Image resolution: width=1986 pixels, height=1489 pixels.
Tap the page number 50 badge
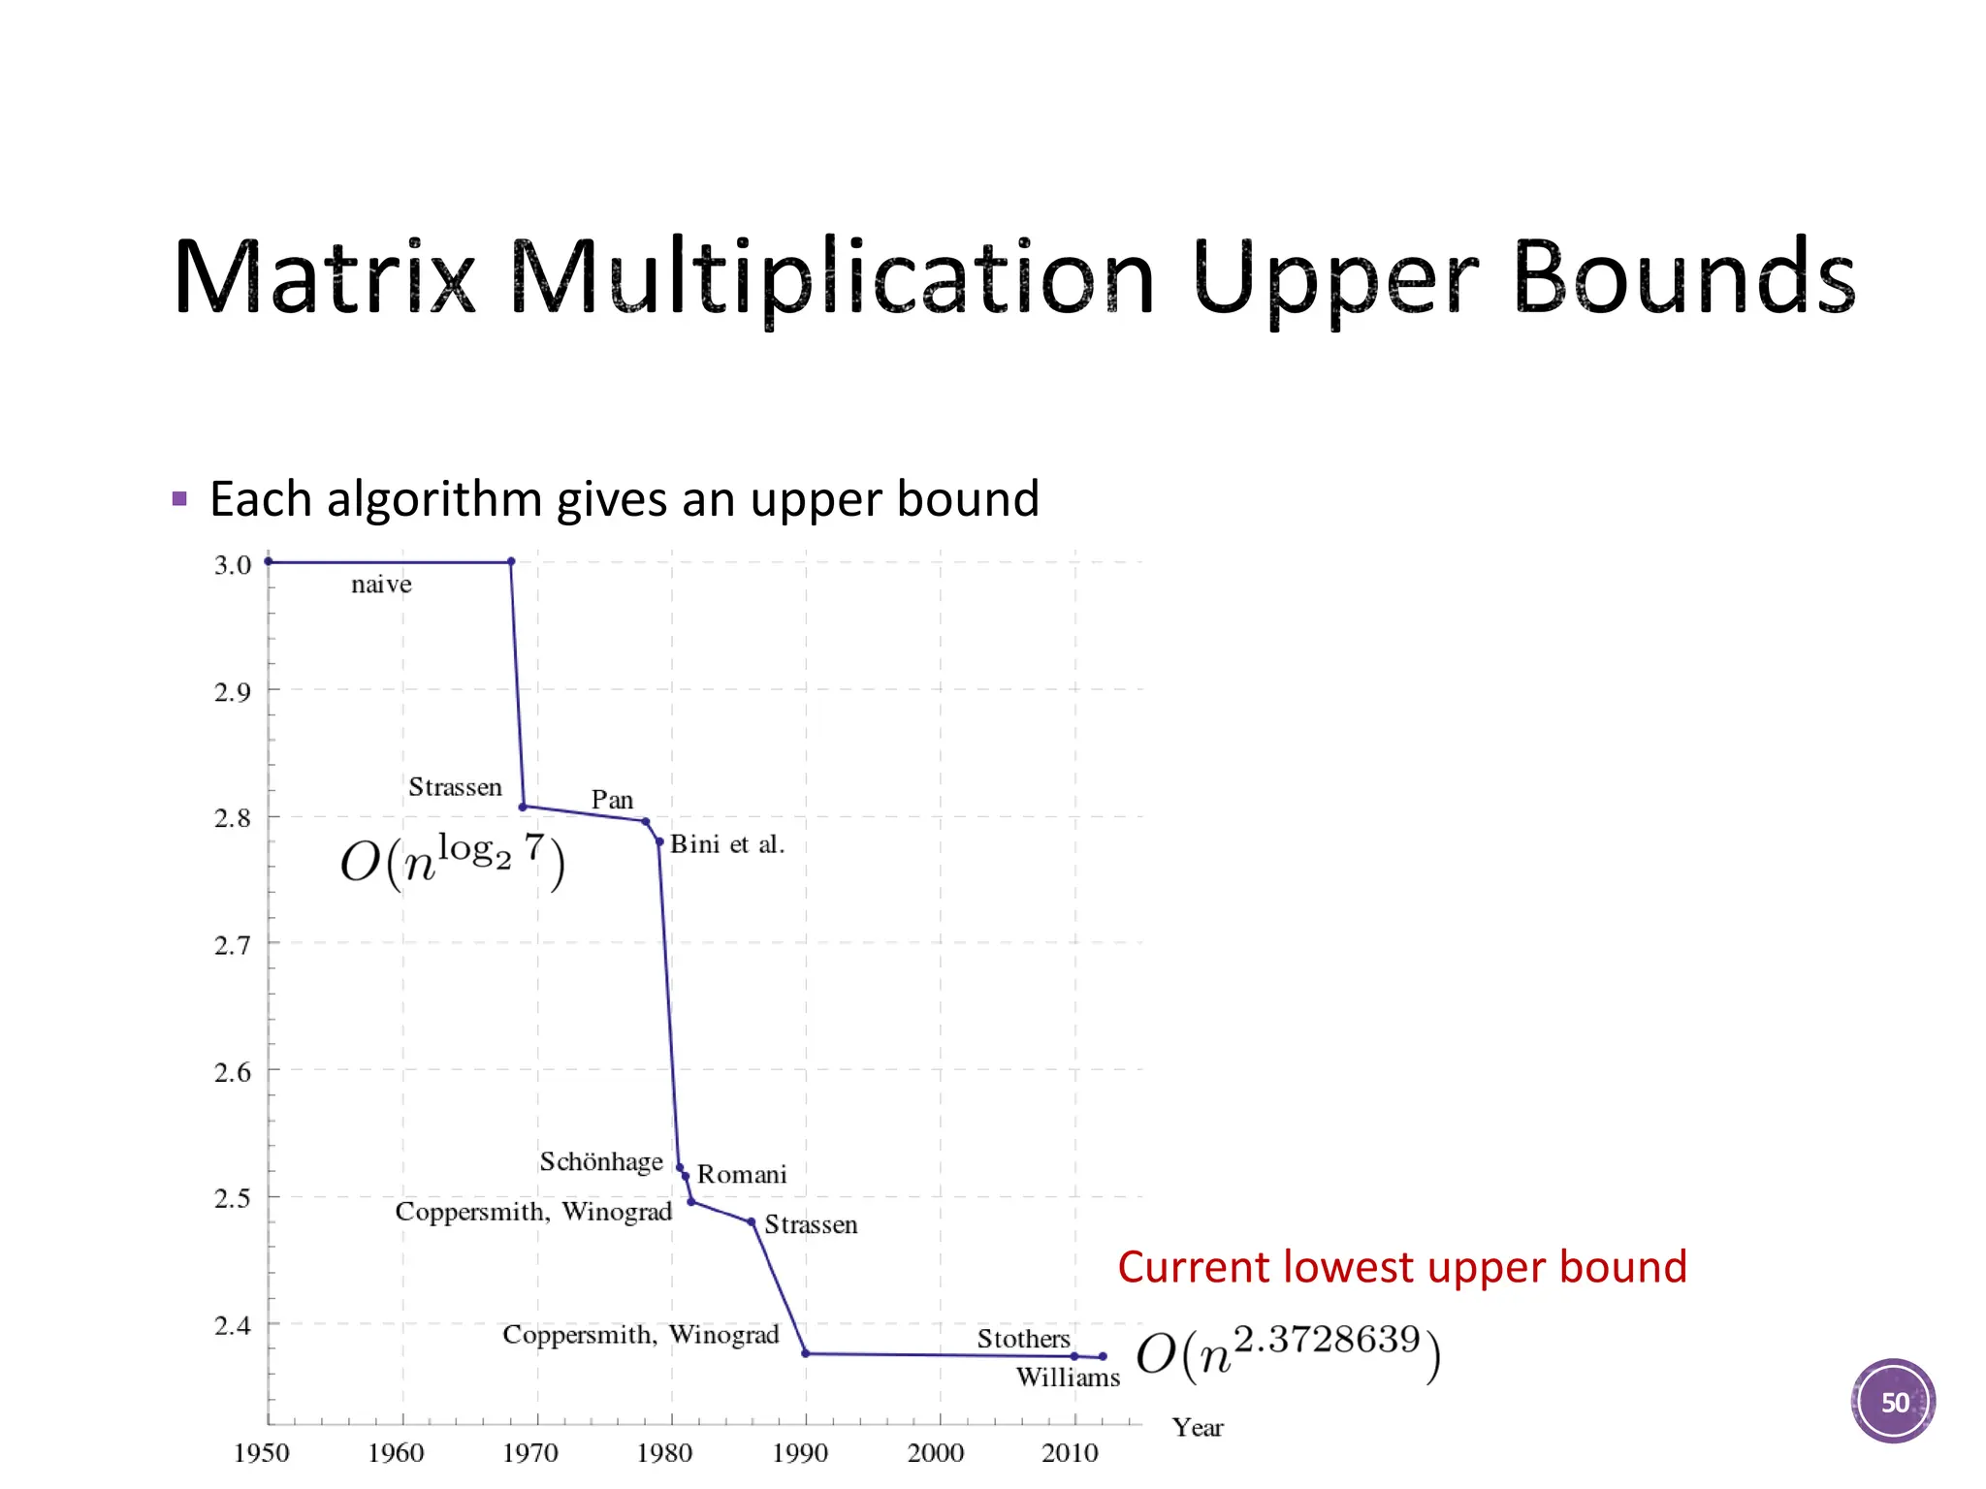pos(1893,1401)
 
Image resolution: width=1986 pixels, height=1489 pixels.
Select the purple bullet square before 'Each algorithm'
pos(179,499)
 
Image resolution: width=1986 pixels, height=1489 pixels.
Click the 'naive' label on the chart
pos(381,585)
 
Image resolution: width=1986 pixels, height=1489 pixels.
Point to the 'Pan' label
pos(612,800)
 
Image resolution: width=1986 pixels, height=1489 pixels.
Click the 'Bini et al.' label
pos(726,844)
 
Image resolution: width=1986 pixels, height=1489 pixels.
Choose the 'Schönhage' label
pos(601,1161)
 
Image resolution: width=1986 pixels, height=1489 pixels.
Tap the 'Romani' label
pos(742,1175)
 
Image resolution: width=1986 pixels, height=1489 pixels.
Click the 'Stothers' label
pos(1023,1339)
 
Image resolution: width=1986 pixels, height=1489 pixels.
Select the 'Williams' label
pos(1068,1378)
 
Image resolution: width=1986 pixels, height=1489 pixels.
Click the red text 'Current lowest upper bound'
pos(1402,1267)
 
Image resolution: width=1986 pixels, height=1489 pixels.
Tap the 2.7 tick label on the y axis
pos(233,945)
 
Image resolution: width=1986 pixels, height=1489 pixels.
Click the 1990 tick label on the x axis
pos(800,1453)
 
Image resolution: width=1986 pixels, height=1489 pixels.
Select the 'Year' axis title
pos(1198,1428)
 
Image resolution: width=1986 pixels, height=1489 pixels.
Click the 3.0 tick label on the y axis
pos(233,565)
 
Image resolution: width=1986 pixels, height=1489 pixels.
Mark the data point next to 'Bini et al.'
pos(659,841)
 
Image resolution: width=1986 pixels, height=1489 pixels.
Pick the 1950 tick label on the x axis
pos(262,1453)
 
